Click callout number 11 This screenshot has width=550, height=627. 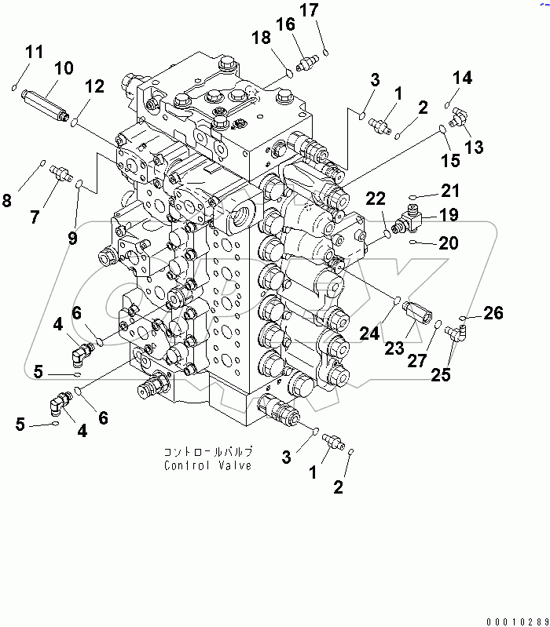tap(34, 53)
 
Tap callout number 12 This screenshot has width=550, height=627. tap(93, 87)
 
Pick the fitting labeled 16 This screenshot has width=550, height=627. tap(306, 59)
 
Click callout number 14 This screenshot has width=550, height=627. tap(462, 78)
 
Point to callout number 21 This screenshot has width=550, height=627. tap(450, 190)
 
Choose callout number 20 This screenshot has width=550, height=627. tap(449, 244)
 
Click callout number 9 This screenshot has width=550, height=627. tap(73, 236)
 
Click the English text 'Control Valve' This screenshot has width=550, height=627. tap(208, 465)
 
